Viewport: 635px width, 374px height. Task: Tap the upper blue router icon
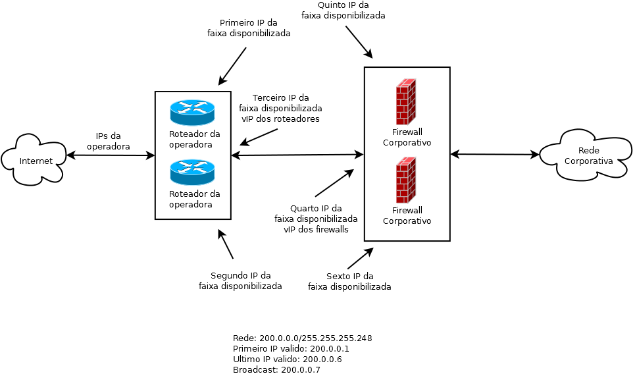(x=192, y=113)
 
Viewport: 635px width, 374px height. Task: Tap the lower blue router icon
(x=192, y=173)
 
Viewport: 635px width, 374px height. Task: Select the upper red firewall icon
(x=406, y=101)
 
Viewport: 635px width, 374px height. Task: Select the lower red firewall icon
(x=406, y=180)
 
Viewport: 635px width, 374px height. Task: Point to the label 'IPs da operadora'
(x=108, y=142)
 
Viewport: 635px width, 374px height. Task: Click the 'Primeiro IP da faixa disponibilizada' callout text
(x=249, y=28)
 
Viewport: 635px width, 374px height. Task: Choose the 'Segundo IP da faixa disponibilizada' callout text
(x=240, y=280)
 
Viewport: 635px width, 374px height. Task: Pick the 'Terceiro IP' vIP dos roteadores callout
(x=280, y=109)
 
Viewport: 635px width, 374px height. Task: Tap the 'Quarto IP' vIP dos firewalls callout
(x=316, y=219)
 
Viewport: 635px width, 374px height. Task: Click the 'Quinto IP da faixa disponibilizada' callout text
(x=343, y=10)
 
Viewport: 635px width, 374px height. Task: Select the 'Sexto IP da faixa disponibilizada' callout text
(x=349, y=281)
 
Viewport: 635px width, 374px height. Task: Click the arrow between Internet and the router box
(x=111, y=155)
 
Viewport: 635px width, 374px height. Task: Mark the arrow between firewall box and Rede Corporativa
(x=495, y=155)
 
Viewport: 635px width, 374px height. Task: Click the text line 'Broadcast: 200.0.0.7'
(x=276, y=370)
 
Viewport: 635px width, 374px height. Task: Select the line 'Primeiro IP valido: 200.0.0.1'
(x=291, y=349)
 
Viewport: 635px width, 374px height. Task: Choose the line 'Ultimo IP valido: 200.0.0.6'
(x=287, y=360)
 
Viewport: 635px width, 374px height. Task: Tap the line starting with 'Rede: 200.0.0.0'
(x=302, y=338)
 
